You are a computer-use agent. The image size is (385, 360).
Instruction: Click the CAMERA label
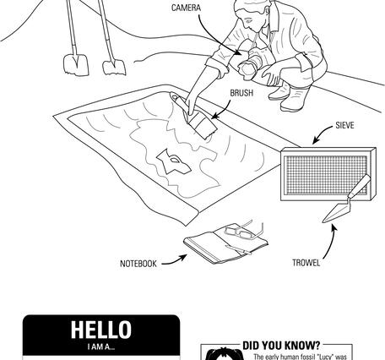click(x=186, y=8)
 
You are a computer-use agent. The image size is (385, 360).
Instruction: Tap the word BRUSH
click(x=241, y=93)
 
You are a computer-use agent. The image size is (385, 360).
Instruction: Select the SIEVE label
click(x=344, y=125)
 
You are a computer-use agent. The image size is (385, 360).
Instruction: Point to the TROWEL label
click(x=306, y=263)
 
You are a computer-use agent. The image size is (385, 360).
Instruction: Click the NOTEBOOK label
click(x=138, y=264)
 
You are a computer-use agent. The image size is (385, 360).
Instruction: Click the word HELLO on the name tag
click(x=101, y=330)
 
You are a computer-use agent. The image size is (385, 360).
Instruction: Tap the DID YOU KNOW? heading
click(x=281, y=346)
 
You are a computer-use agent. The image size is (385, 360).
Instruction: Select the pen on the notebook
click(x=238, y=249)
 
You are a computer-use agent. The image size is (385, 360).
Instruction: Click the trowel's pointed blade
click(x=336, y=211)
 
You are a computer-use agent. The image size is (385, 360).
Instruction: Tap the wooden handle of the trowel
click(x=360, y=185)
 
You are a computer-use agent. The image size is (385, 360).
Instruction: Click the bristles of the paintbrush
click(x=203, y=127)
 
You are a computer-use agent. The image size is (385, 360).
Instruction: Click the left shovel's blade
click(x=76, y=65)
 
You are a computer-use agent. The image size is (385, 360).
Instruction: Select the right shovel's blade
click(x=114, y=68)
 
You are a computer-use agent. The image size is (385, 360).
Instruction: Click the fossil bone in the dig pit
click(x=173, y=161)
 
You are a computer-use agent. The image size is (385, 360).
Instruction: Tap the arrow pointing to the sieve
click(x=323, y=134)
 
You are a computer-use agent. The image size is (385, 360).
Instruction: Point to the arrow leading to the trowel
click(x=332, y=242)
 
